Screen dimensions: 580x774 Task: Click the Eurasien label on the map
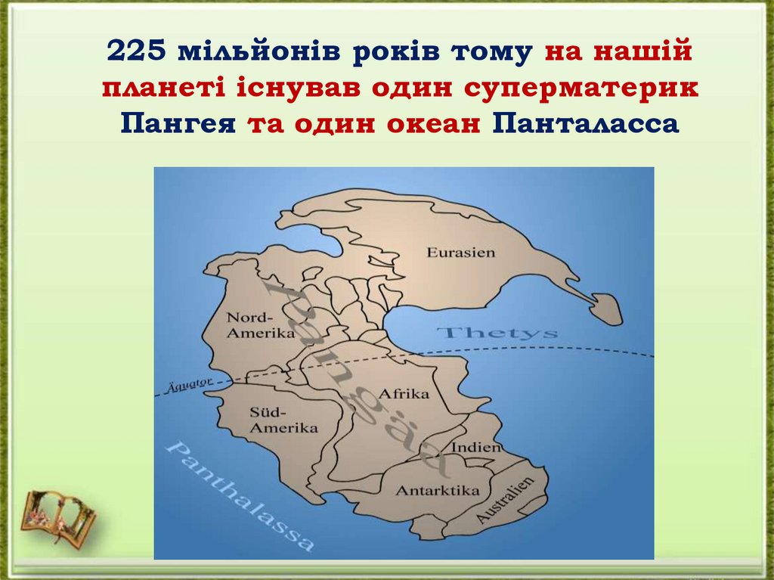[460, 252]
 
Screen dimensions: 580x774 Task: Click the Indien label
[475, 447]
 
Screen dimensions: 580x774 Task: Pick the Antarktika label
[438, 490]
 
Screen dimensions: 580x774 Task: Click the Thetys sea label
[498, 333]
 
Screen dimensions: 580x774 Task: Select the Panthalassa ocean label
[238, 495]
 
